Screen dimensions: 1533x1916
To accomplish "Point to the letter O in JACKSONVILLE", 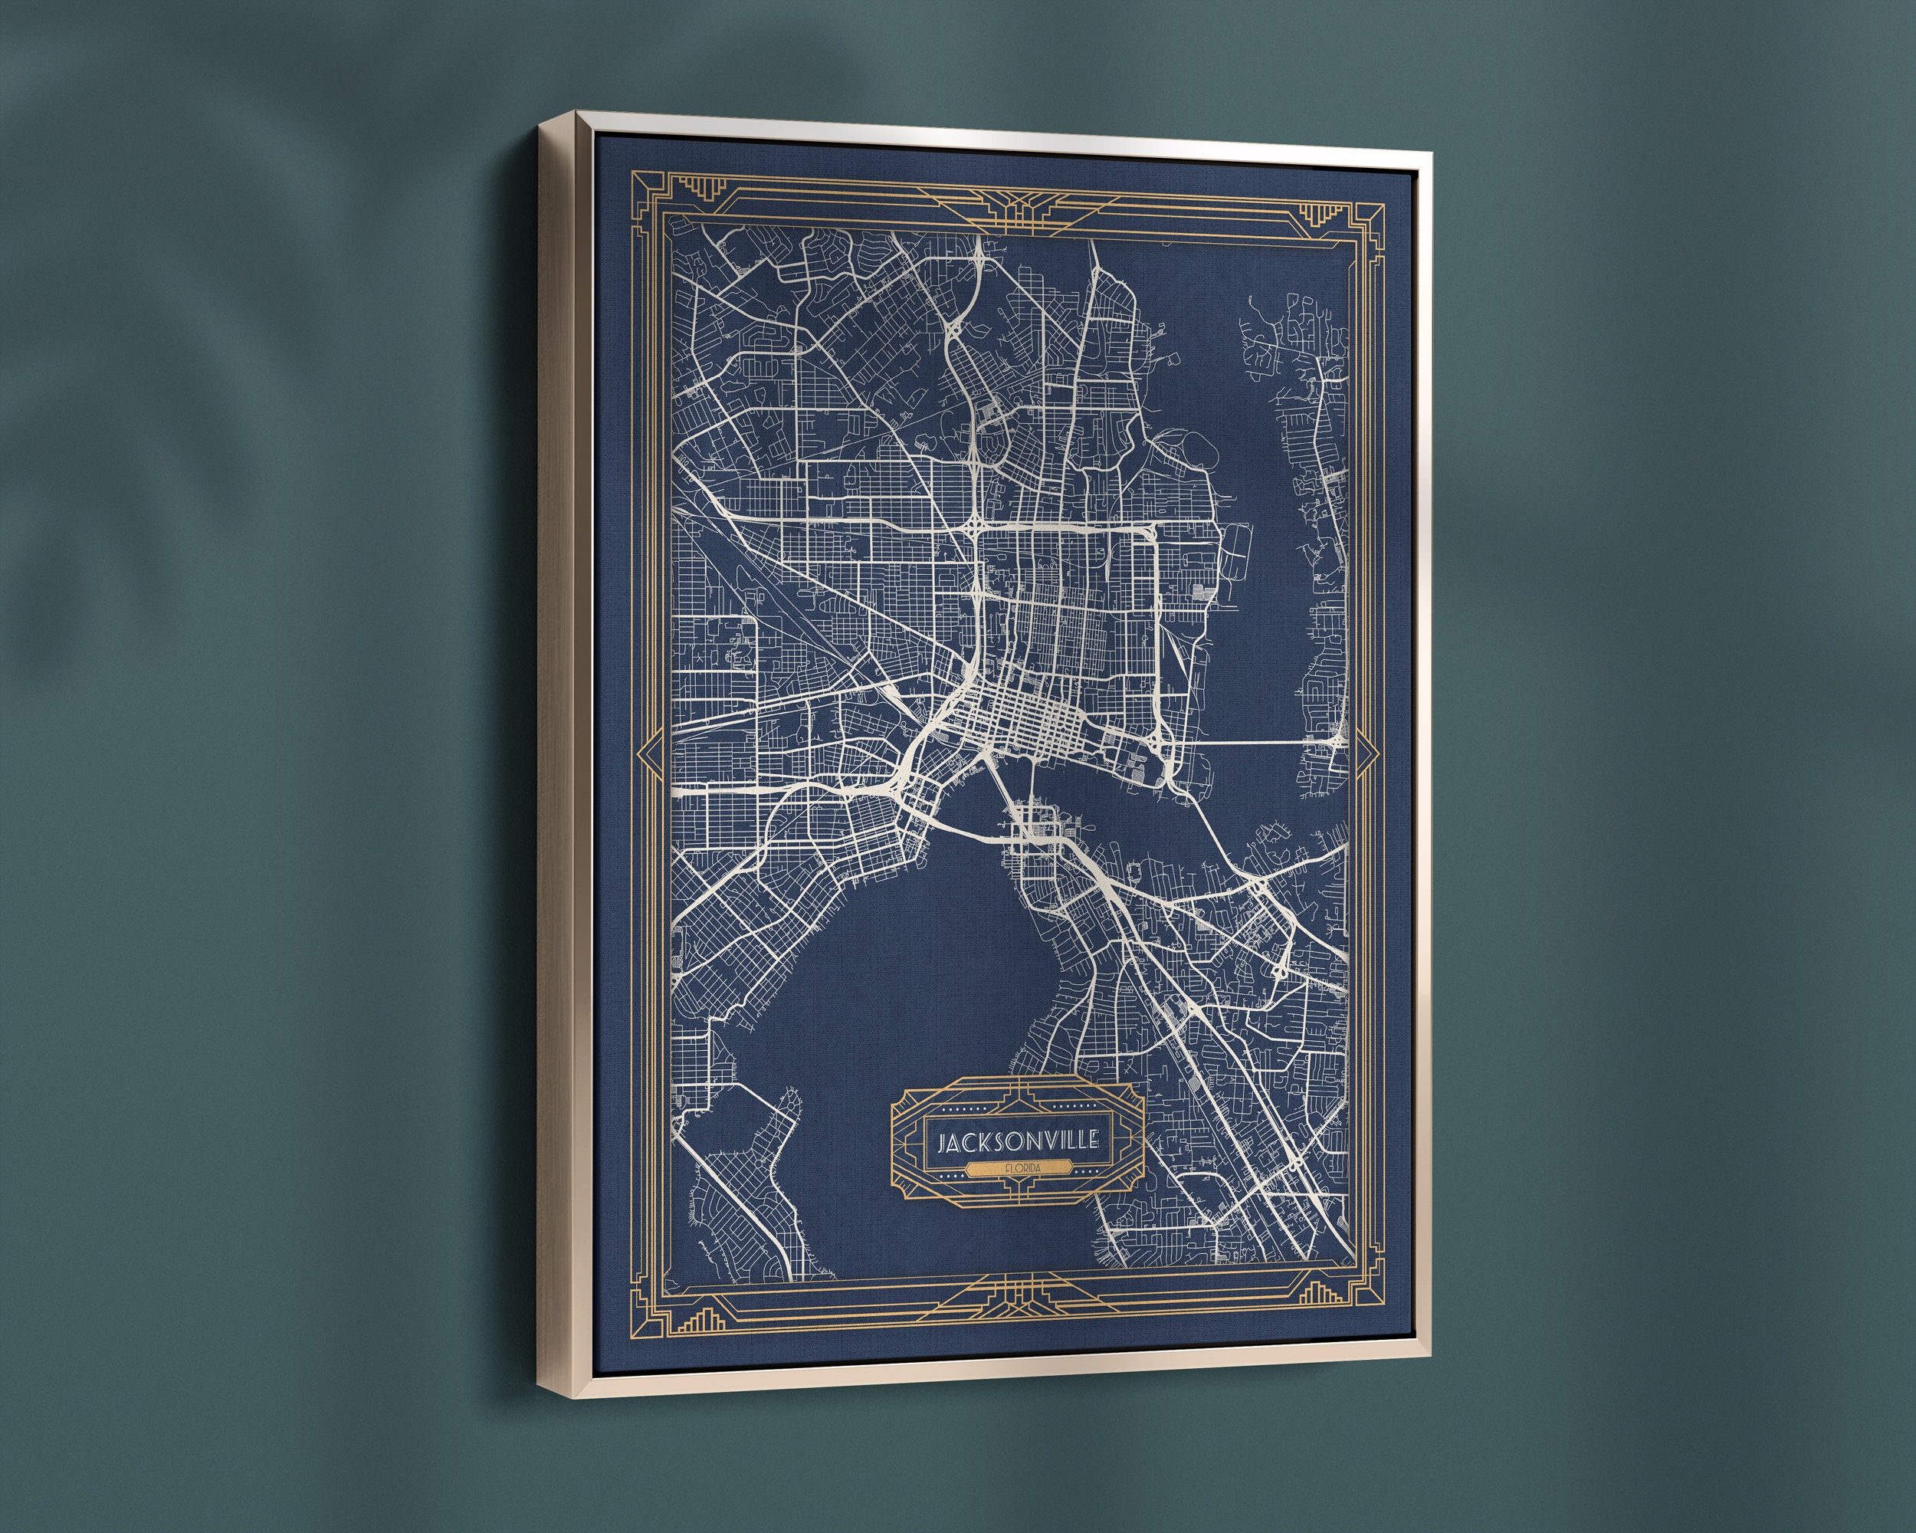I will click(x=1017, y=1141).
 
